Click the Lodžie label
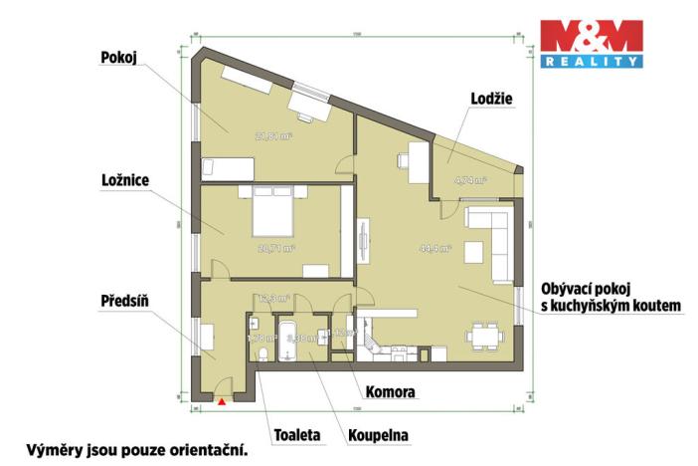[x=491, y=97]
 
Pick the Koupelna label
[x=378, y=434]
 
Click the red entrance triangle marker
[x=221, y=401]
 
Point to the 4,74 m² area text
[x=469, y=181]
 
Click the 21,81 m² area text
[x=273, y=136]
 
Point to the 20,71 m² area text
[x=275, y=248]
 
